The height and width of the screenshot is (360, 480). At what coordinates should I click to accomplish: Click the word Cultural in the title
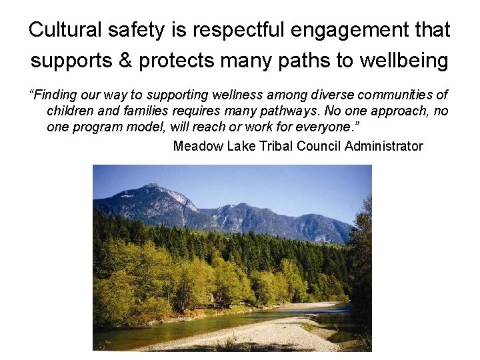pos(64,30)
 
